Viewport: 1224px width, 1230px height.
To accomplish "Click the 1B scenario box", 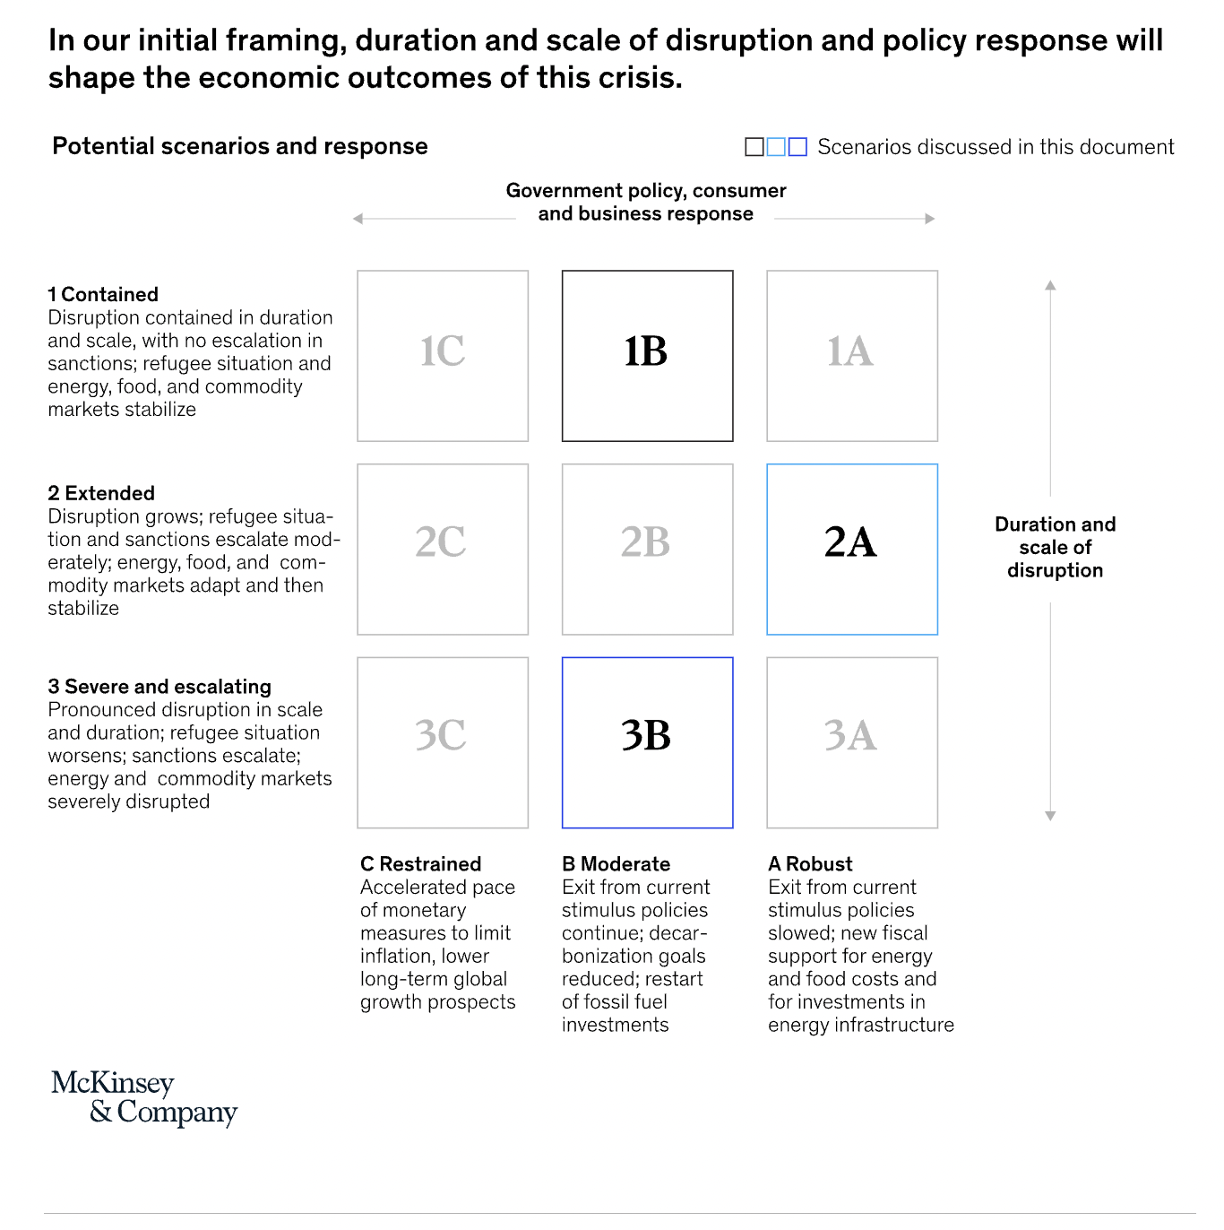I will (x=647, y=356).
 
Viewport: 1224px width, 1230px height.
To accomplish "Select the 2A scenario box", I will (x=852, y=549).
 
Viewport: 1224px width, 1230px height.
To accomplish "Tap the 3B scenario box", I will (x=647, y=742).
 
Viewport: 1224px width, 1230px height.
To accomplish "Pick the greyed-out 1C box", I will (x=443, y=356).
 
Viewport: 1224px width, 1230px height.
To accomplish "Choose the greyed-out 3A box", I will (x=852, y=742).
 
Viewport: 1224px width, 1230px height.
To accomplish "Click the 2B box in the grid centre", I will (x=647, y=549).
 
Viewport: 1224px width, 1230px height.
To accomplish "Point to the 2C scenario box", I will (x=443, y=549).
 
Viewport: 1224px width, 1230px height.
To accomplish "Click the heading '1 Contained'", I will (x=103, y=295).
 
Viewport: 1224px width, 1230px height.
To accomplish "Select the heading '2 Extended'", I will (x=101, y=493).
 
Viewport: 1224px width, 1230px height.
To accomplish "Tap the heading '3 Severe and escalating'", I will (x=159, y=687).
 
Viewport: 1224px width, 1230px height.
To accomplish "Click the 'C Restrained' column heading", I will (x=421, y=864).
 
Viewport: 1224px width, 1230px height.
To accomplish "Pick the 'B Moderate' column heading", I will (x=616, y=864).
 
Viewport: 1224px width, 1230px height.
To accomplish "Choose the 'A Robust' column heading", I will (x=810, y=864).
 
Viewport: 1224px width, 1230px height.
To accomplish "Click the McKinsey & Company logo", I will (x=144, y=1097).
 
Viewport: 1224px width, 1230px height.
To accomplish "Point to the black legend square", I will (x=754, y=147).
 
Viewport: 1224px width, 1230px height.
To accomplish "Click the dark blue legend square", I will (x=797, y=147).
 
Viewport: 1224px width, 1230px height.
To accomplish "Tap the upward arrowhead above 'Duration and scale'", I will (x=1050, y=285).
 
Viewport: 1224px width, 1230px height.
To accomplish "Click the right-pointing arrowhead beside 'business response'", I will (x=930, y=219).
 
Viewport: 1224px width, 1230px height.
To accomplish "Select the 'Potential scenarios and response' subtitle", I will (x=240, y=146).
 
